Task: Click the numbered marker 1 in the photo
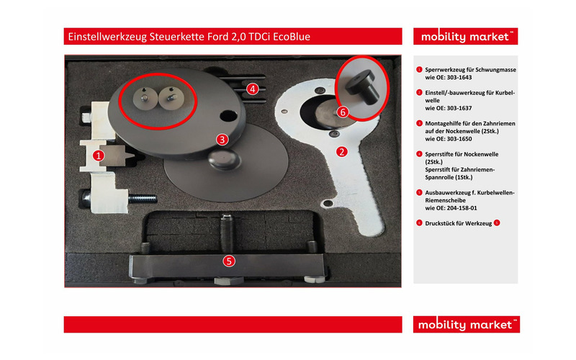pos(98,156)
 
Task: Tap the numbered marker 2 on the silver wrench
pos(342,151)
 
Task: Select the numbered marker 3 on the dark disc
pos(222,140)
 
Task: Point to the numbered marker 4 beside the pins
pos(253,89)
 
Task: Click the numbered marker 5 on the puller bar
pos(229,261)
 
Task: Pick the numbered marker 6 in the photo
pos(343,112)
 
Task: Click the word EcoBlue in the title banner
pos(292,37)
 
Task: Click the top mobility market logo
pos(465,37)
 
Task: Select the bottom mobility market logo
pos(466,325)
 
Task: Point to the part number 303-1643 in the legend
pos(459,78)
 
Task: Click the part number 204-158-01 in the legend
pos(462,208)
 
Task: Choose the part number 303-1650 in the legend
pos(459,139)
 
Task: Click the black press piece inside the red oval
pos(361,87)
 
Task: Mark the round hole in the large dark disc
pos(228,116)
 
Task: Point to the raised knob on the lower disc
pos(225,159)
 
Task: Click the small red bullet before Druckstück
pos(419,223)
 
